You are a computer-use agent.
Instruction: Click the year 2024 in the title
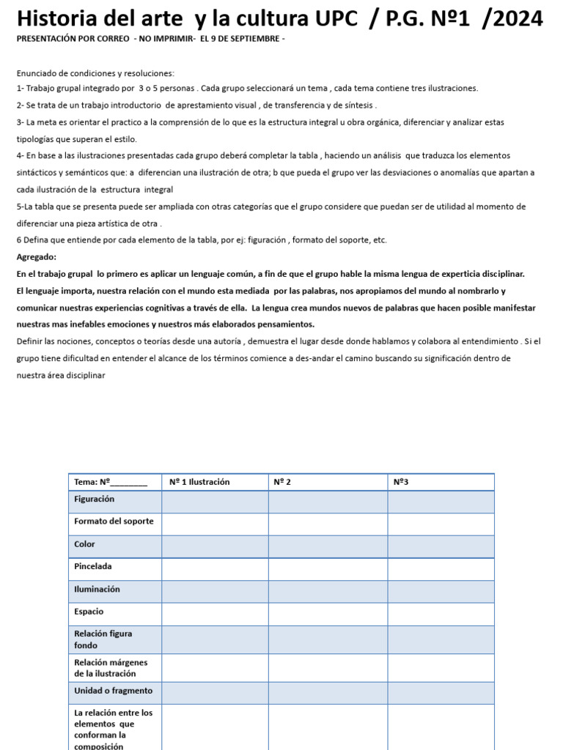517,19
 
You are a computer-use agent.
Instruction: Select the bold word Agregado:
36,257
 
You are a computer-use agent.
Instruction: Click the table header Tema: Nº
111,482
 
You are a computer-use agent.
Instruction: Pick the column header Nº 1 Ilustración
199,482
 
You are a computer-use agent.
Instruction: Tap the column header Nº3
400,482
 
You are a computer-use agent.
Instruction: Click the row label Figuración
95,499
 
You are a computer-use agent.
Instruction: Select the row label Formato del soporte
114,521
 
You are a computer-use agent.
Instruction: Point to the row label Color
84,544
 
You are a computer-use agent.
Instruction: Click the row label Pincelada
93,566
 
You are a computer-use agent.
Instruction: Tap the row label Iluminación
97,589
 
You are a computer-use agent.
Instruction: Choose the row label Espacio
89,612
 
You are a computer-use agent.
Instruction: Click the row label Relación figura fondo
103,639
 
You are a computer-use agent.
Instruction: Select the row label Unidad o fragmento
113,691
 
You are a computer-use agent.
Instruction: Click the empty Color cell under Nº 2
327,546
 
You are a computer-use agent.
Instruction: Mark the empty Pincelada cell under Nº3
440,569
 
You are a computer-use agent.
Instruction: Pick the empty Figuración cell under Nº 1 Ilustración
214,502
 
